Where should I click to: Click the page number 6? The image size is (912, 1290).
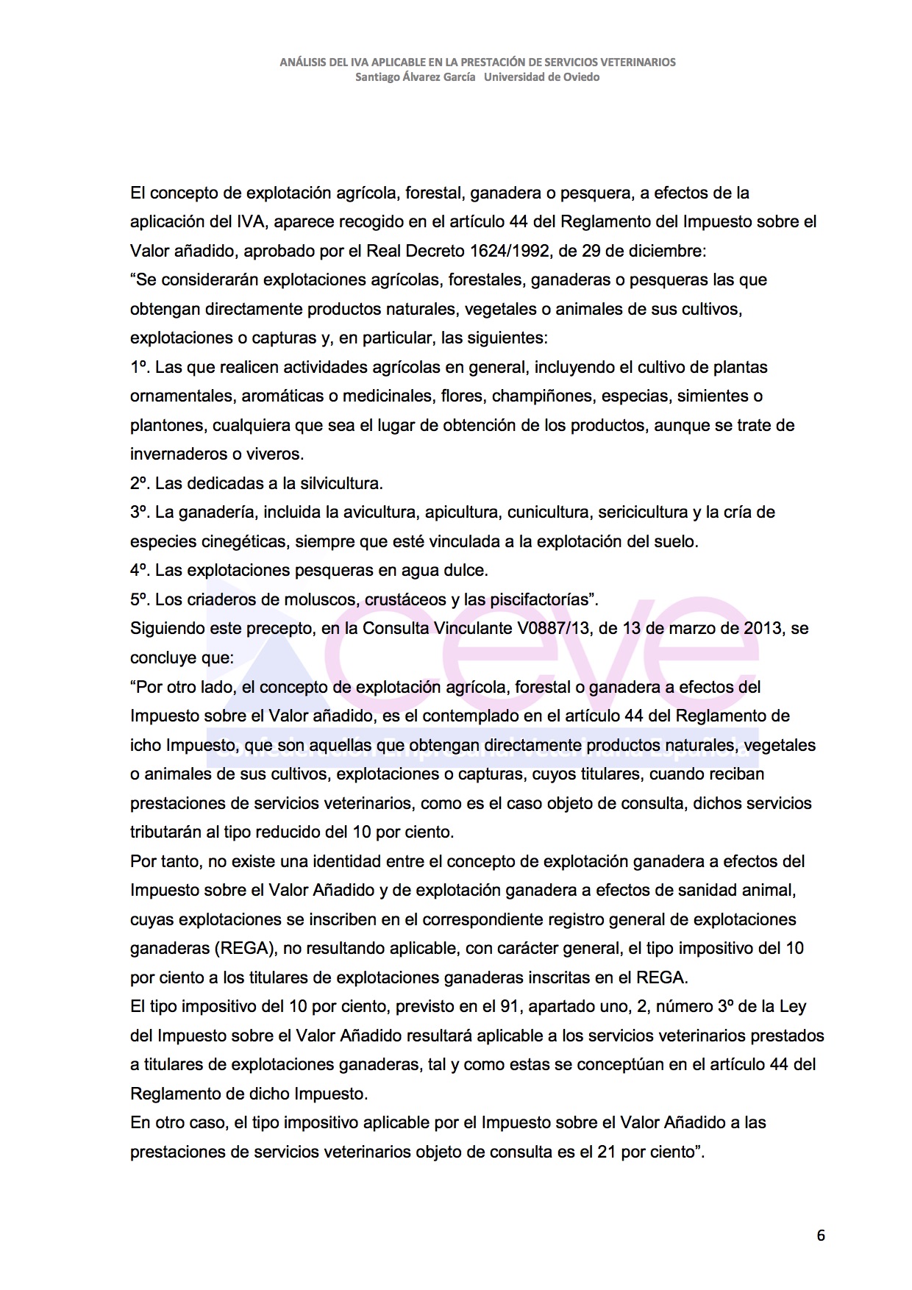[821, 1235]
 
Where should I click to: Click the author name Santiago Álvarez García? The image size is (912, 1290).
[415, 77]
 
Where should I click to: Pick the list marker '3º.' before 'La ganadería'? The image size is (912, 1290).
[140, 512]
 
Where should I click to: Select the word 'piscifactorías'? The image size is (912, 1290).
[542, 599]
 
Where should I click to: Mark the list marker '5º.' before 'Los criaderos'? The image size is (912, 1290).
[140, 599]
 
